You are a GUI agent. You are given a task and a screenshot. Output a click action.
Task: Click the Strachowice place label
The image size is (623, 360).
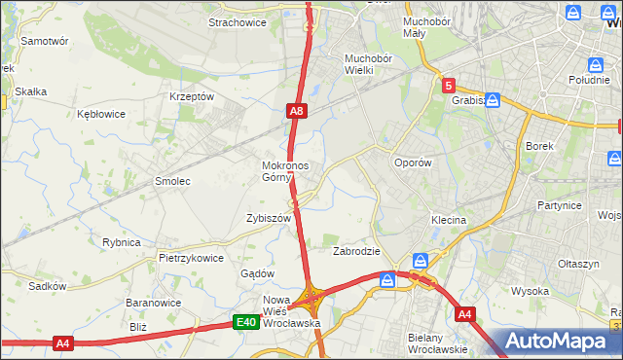tap(238, 22)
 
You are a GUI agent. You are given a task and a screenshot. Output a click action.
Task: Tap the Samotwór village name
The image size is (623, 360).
tap(45, 42)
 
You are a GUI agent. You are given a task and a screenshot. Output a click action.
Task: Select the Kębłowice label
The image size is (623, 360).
tap(101, 114)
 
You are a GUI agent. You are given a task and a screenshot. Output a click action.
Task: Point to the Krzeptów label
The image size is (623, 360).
tap(191, 96)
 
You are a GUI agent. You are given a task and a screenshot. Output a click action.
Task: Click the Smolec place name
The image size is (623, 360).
tap(172, 182)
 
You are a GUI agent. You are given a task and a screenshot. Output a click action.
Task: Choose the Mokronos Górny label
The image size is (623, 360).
tap(285, 171)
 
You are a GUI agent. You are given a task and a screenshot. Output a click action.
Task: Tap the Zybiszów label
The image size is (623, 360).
tap(269, 219)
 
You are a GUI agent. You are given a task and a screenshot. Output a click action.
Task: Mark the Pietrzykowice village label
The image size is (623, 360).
tap(191, 259)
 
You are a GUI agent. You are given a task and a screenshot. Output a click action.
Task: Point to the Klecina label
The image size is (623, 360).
tap(449, 221)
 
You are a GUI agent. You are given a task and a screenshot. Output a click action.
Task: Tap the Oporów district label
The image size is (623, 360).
tap(412, 163)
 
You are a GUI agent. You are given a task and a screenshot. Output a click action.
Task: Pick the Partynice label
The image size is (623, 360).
tap(559, 206)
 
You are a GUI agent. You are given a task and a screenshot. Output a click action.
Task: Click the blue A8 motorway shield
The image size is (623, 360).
tap(297, 113)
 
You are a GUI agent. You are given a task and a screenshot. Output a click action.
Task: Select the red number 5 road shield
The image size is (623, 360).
tap(448, 86)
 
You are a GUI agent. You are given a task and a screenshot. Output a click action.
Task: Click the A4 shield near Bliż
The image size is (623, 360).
tap(63, 343)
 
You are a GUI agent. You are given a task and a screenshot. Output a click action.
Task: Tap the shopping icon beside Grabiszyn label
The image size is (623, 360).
tap(494, 99)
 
